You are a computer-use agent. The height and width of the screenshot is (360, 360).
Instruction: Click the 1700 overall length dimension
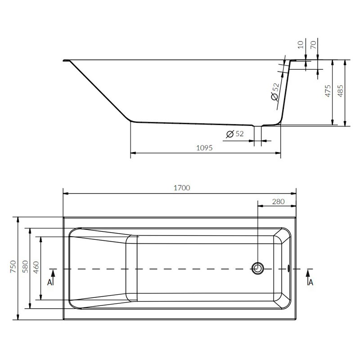[x=182, y=188]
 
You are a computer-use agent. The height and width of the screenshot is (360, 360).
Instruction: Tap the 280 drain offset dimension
[x=278, y=202]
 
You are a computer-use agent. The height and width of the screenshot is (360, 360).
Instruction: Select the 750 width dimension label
[x=13, y=266]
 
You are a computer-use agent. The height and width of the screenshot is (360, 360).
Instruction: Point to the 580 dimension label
[x=25, y=266]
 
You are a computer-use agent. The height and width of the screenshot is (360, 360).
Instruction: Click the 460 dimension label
[x=36, y=267]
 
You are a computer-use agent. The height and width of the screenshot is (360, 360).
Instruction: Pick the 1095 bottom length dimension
[x=204, y=148]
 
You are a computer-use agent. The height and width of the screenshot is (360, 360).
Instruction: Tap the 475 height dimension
[x=328, y=91]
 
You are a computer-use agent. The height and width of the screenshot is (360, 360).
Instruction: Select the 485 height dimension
[x=341, y=91]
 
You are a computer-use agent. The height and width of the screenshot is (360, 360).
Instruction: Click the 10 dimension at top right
[x=301, y=44]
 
